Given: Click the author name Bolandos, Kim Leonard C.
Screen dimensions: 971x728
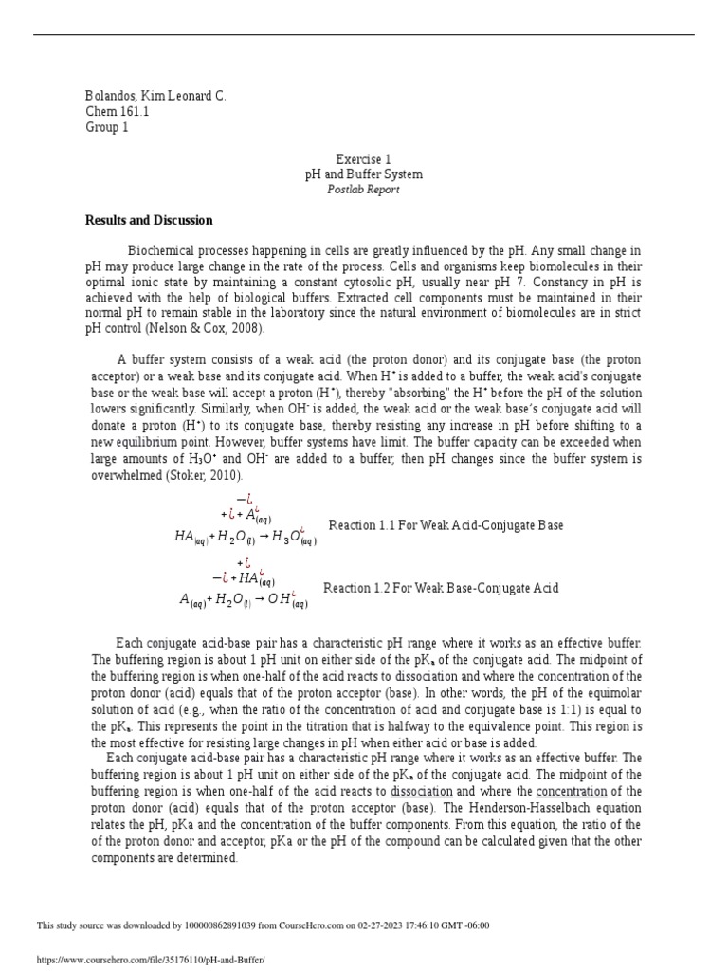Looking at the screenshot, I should [155, 96].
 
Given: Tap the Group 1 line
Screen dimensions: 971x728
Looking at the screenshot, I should [106, 128].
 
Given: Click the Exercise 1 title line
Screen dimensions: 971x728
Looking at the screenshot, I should [363, 159].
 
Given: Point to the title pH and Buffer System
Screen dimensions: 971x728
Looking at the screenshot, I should [363, 174].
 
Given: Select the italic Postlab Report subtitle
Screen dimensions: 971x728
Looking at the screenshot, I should [363, 190].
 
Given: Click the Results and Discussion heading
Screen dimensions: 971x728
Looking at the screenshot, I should [149, 220].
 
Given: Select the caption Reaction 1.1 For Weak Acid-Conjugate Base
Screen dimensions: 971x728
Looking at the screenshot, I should [446, 525].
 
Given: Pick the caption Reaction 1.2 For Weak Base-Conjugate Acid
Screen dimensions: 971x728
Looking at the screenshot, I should [441, 588].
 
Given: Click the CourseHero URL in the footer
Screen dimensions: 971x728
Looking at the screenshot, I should [151, 960].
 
